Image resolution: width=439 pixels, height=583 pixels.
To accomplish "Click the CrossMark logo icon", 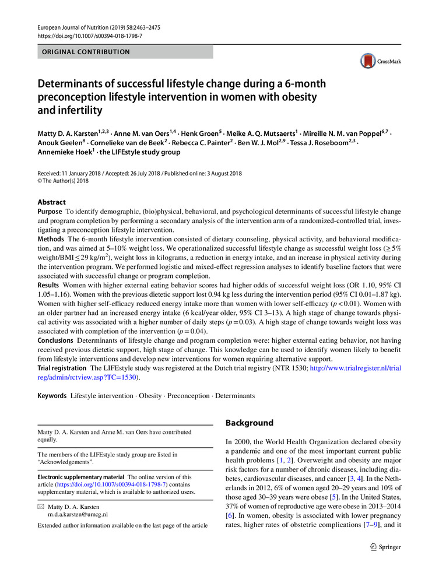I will tap(368, 61).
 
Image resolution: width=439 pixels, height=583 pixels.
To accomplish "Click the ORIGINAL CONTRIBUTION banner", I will tap(125, 52).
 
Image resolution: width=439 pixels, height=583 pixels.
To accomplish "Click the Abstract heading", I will tap(52, 202).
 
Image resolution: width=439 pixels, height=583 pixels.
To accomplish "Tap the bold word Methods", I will tap(51, 240).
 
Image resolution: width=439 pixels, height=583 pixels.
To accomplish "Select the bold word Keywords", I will tap(52, 396).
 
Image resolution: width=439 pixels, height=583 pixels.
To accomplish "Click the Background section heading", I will tap(250, 423).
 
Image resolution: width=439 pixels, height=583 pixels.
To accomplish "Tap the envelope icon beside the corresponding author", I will tap(41, 507).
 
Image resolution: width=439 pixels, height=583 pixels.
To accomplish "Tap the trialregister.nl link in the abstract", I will tap(362, 368).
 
